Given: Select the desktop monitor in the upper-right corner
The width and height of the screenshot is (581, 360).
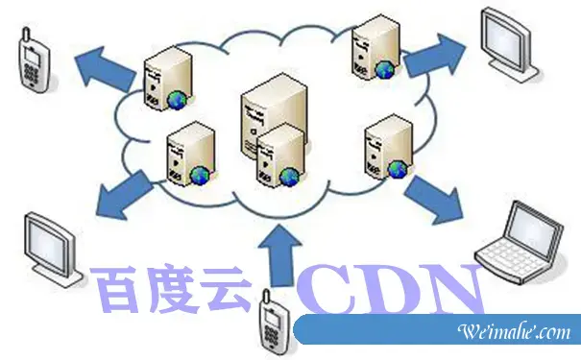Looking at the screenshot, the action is (x=511, y=43).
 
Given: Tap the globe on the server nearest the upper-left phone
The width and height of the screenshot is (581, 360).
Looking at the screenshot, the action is (x=179, y=99).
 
